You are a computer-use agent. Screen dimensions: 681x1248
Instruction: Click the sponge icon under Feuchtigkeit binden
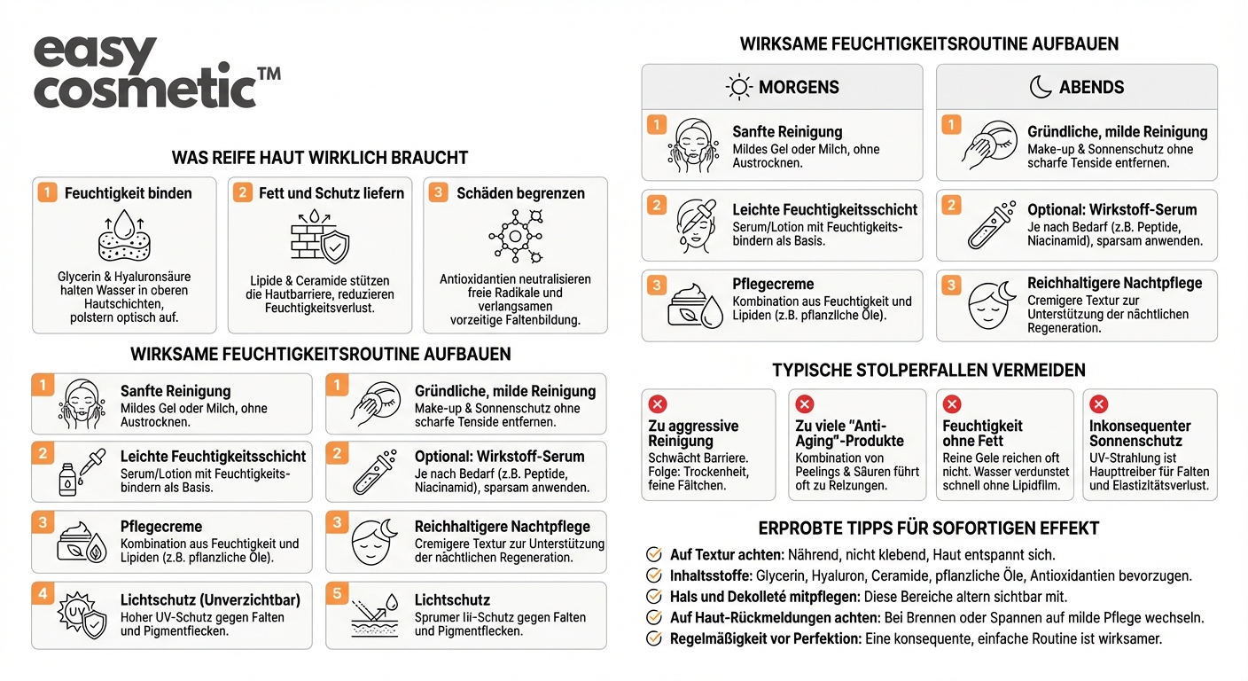[x=124, y=234]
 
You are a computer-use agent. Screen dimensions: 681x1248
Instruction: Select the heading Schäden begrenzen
[x=520, y=192]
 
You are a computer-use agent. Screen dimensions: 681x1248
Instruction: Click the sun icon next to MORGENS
[x=738, y=87]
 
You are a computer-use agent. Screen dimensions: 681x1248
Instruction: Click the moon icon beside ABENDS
[x=1040, y=87]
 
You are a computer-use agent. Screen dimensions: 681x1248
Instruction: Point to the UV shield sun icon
[x=82, y=614]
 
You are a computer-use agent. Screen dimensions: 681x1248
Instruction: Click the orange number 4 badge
[x=42, y=592]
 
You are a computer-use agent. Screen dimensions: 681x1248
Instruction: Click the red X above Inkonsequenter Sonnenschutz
[x=1098, y=404]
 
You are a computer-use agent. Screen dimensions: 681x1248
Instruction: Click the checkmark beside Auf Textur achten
[x=654, y=554]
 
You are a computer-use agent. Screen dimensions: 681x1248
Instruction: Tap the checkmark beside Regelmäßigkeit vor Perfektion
[x=654, y=638]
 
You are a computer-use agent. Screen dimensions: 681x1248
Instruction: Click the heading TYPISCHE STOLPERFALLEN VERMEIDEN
[x=928, y=370]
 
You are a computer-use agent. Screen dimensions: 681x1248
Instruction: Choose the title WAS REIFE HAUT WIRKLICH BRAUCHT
[x=319, y=158]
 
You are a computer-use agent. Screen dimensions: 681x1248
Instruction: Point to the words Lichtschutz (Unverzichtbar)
[x=210, y=600]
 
